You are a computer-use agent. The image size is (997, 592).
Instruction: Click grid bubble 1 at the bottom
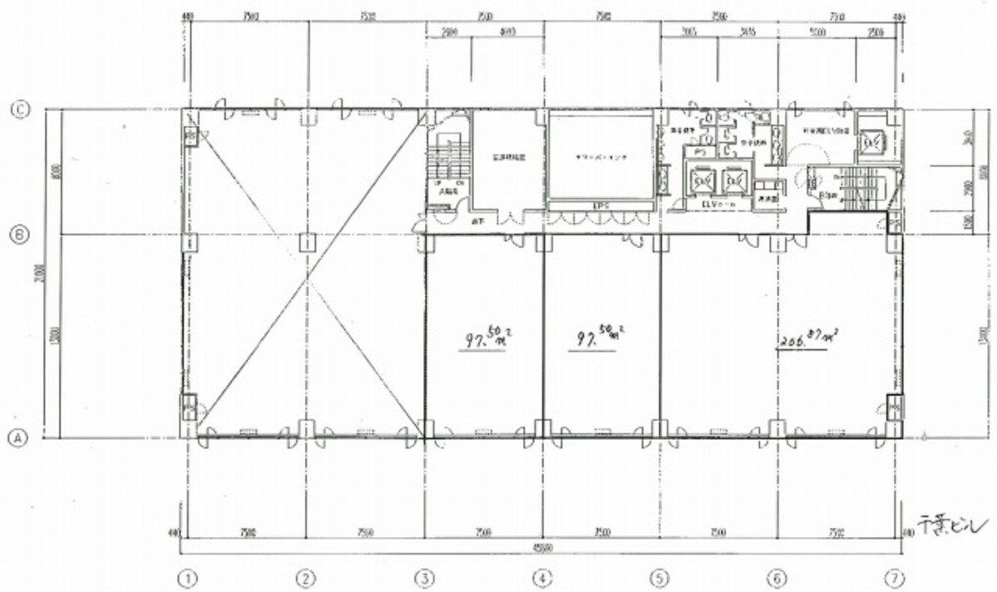pyautogui.click(x=190, y=576)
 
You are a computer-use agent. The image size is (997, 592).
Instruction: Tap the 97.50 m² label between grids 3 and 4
pyautogui.click(x=486, y=339)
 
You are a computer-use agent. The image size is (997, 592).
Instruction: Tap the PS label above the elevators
pyautogui.click(x=699, y=153)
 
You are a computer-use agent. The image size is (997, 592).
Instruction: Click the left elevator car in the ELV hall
pyautogui.click(x=698, y=180)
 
